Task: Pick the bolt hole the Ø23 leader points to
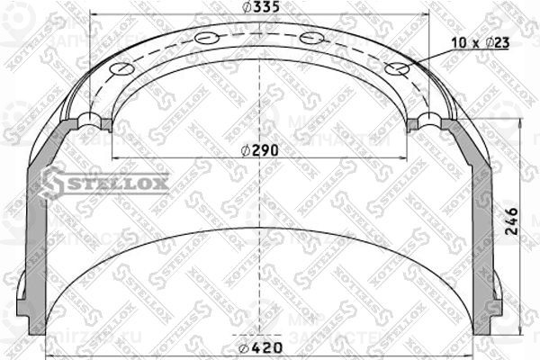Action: tap(394, 69)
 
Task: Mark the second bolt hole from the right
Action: tap(311, 39)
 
